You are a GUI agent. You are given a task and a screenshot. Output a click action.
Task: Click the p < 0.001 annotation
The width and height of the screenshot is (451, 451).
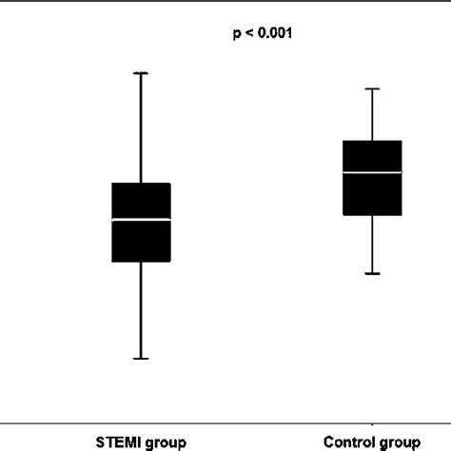tap(263, 34)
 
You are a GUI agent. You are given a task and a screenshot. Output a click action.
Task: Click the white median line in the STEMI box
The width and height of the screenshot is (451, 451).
tap(141, 220)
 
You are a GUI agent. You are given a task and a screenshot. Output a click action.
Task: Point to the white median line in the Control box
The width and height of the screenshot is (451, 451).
tap(372, 172)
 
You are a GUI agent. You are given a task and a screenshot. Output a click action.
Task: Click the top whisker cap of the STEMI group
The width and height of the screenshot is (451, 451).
tap(141, 72)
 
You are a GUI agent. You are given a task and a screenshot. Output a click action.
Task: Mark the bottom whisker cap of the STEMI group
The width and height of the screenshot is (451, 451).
tap(141, 359)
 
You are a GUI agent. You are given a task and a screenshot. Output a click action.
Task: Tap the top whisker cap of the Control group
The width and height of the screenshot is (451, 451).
tap(372, 88)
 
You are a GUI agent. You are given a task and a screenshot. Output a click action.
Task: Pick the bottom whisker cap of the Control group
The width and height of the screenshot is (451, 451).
tap(372, 274)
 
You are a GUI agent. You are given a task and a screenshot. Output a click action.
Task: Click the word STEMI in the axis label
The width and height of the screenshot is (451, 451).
tap(117, 441)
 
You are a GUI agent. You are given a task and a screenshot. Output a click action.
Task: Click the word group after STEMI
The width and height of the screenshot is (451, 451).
tap(164, 442)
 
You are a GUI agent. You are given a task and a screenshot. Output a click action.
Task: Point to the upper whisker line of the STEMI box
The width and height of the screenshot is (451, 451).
tap(141, 127)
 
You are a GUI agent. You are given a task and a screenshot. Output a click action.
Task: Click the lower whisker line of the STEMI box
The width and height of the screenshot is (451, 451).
tap(141, 310)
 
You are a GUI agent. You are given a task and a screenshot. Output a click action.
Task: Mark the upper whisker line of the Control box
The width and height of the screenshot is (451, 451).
tap(372, 114)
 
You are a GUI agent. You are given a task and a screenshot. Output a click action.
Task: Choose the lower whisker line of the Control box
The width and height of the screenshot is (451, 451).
tap(372, 245)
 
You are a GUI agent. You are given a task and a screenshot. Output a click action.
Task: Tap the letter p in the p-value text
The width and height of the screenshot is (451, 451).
tap(237, 35)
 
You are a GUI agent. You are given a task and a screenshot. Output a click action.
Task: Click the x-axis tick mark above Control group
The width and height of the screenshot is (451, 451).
tap(372, 422)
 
